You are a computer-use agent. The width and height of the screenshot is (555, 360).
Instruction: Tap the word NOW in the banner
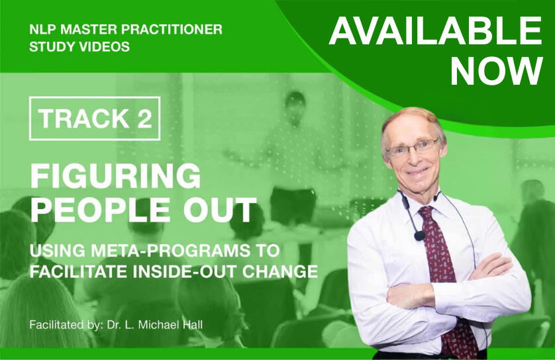(496, 71)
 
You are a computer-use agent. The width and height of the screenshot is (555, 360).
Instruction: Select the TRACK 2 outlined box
(95, 118)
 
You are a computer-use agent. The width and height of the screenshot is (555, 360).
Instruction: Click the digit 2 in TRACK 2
(144, 118)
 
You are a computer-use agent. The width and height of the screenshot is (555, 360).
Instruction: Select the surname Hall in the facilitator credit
(193, 325)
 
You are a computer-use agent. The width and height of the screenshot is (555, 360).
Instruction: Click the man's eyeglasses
(413, 148)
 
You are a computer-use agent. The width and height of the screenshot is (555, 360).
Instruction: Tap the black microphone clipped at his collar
(420, 236)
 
